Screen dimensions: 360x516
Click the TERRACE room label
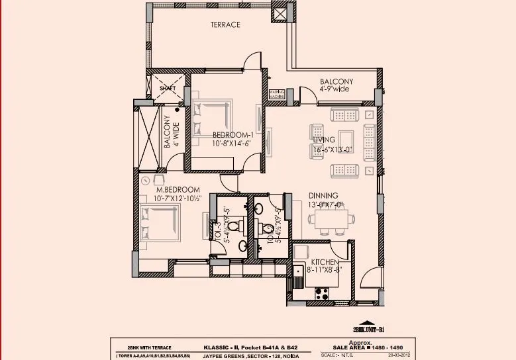coord(225,24)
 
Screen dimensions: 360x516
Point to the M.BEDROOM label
coord(178,189)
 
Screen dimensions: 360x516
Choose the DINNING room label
coord(323,195)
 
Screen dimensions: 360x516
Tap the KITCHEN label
coord(326,262)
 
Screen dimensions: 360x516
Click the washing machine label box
coord(277,95)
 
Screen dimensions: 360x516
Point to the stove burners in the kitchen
coord(325,291)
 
